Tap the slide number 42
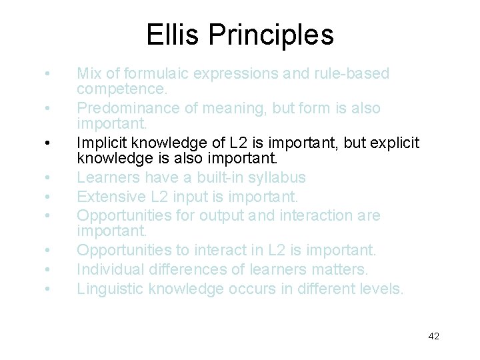coord(433,336)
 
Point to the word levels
coord(380,289)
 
